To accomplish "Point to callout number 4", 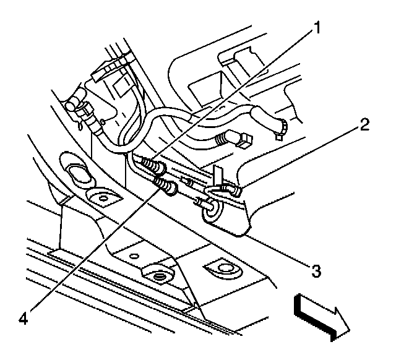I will pyautogui.click(x=24, y=320).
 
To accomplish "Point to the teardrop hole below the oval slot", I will pyautogui.click(x=100, y=197).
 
